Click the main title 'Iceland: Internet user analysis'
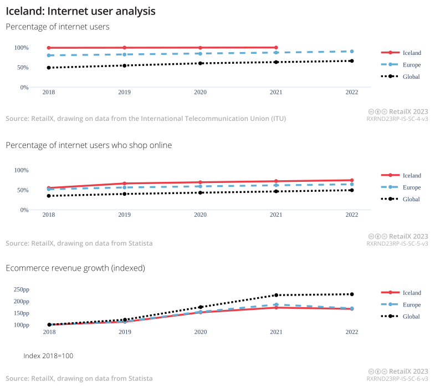[80, 11]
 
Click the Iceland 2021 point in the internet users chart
[276, 48]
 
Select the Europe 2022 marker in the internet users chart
[352, 52]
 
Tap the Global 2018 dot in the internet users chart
[49, 68]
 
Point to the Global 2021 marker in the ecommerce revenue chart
[276, 295]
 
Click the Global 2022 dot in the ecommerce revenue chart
[352, 294]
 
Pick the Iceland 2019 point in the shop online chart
[125, 184]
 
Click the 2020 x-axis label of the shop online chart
[200, 215]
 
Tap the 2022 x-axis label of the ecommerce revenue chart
[352, 332]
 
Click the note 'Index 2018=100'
[48, 355]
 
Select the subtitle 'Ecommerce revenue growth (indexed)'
[75, 268]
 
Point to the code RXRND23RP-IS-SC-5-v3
[397, 243]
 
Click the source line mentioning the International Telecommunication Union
[146, 119]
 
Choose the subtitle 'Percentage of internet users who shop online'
[89, 145]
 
